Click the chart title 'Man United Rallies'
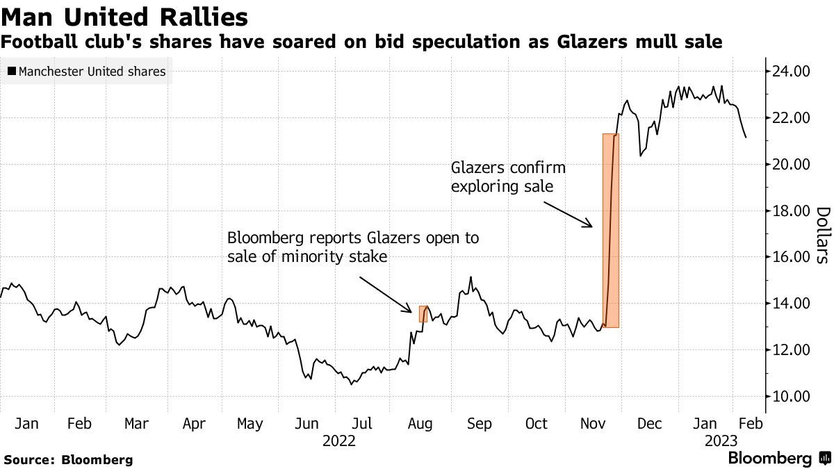[x=124, y=16]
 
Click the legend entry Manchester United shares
[x=87, y=72]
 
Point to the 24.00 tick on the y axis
[x=791, y=72]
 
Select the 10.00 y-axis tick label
[x=791, y=397]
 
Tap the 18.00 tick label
[x=791, y=211]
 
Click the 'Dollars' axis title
[x=822, y=235]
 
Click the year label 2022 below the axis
[x=338, y=441]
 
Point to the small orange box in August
[x=423, y=313]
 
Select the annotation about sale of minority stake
[x=353, y=247]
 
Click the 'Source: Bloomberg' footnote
[x=68, y=460]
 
